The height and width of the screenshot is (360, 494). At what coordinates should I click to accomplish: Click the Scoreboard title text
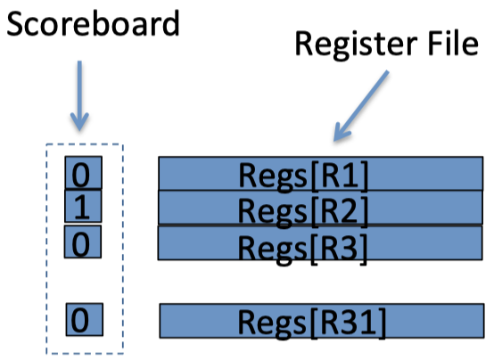94,23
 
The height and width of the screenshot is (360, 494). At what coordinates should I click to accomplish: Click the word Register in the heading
357,44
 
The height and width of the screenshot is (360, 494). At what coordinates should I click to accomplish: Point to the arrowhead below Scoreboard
79,121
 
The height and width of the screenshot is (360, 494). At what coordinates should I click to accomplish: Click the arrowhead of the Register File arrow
342,132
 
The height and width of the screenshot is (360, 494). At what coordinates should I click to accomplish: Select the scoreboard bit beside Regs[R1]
84,173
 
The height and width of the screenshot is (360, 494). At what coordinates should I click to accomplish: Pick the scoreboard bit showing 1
83,207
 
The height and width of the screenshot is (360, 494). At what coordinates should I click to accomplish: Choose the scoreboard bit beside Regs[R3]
83,241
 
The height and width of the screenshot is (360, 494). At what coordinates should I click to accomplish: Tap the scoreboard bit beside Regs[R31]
85,319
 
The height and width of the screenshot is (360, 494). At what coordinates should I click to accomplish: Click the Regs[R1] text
303,176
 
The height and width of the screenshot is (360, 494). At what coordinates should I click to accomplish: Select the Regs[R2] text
303,211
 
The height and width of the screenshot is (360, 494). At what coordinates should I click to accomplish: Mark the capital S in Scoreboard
16,24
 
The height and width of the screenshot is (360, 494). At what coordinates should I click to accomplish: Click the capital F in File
432,44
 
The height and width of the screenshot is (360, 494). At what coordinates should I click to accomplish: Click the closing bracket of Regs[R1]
364,176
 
